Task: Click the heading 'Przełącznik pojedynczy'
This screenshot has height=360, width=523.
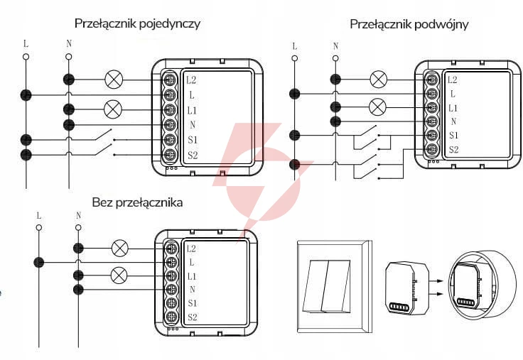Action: coord(137,24)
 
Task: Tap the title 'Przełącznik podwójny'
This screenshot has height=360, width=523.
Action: coord(409,24)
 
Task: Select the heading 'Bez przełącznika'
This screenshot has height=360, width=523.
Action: coord(137,202)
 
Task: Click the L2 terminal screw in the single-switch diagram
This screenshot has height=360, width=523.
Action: coord(169,80)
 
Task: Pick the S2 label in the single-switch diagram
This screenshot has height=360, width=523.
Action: coord(193,155)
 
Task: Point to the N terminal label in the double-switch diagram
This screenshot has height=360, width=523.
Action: coord(453,121)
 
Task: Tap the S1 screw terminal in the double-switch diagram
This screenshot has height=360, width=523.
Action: coord(432,135)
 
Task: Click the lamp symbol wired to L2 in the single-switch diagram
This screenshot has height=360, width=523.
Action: coord(114,80)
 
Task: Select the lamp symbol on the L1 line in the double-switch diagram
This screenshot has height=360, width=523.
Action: coord(377,107)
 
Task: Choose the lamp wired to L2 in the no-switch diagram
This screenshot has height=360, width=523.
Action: coord(119,249)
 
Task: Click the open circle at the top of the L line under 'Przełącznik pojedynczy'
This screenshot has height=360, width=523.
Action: coord(26,57)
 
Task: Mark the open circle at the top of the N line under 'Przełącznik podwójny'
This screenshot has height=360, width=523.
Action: coord(335,58)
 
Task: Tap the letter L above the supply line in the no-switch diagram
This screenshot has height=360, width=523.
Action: coord(38,216)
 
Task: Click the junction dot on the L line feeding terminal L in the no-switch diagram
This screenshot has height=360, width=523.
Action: coord(38,262)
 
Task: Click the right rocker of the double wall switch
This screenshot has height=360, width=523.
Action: coord(336,286)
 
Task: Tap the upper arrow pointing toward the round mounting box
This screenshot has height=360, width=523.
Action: coord(436,281)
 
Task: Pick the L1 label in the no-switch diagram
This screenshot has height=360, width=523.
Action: coord(191,277)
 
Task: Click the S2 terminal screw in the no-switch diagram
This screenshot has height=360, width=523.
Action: coord(171,316)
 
